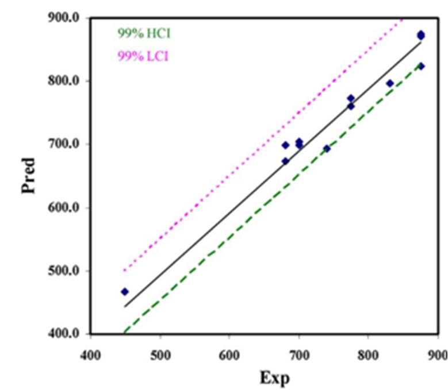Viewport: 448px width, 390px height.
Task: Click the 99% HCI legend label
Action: [x=144, y=33]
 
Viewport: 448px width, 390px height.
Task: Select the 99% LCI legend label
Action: [x=143, y=56]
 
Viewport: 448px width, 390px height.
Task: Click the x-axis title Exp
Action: [x=275, y=377]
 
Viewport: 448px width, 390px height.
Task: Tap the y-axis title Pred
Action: [x=29, y=175]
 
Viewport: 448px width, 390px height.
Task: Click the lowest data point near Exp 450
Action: [x=125, y=292]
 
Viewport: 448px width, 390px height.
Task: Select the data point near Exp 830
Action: [x=390, y=83]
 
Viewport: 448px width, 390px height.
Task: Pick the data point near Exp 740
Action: [x=327, y=148]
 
